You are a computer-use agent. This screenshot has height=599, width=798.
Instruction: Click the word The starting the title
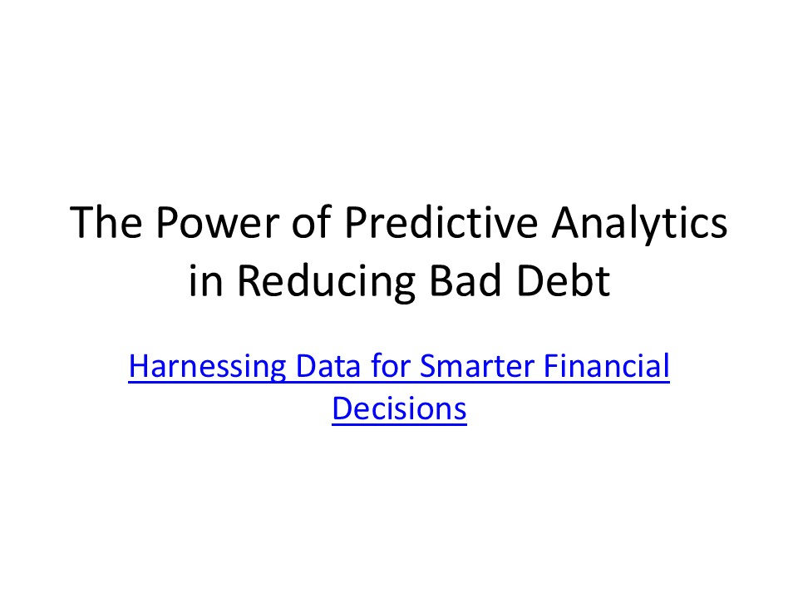(x=103, y=225)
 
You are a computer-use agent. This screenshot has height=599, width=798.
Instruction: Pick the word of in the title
(x=296, y=225)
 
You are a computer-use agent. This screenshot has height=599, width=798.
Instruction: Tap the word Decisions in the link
(x=399, y=410)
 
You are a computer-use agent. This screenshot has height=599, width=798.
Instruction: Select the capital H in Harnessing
(x=139, y=368)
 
